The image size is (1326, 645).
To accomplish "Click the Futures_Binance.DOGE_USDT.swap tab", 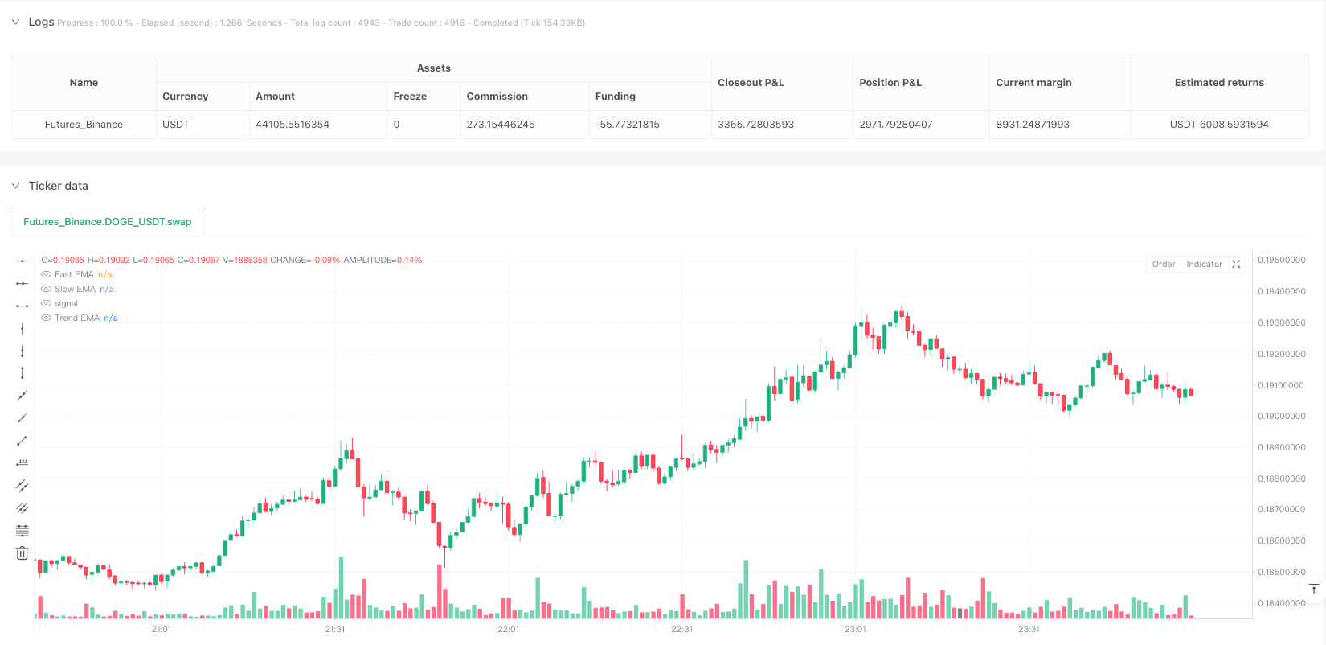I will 107,222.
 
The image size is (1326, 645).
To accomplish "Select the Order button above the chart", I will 1163,265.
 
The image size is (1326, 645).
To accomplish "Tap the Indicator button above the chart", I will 1204,265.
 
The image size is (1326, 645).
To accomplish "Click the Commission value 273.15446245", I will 501,125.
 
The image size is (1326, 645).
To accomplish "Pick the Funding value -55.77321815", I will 627,125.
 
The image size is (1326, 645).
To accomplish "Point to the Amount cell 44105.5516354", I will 293,125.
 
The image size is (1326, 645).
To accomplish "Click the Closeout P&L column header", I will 751,83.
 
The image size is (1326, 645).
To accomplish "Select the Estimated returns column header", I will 1218,83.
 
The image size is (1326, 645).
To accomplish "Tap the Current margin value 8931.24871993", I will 1033,125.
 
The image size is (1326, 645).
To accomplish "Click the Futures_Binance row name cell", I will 84,125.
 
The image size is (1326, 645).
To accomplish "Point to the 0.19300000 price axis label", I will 1281,322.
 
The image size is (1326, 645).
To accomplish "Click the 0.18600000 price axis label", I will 1281,541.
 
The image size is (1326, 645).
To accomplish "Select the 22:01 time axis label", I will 509,629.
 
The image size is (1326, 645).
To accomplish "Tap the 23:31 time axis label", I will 1029,629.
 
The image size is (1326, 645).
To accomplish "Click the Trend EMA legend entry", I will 77,318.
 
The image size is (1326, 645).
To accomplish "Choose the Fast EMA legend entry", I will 74,275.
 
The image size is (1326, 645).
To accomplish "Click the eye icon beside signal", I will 46,304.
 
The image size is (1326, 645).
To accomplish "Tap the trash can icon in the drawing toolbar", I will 23,553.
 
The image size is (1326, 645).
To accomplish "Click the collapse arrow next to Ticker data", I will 15,186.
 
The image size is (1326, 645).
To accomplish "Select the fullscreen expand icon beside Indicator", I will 1236,265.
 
